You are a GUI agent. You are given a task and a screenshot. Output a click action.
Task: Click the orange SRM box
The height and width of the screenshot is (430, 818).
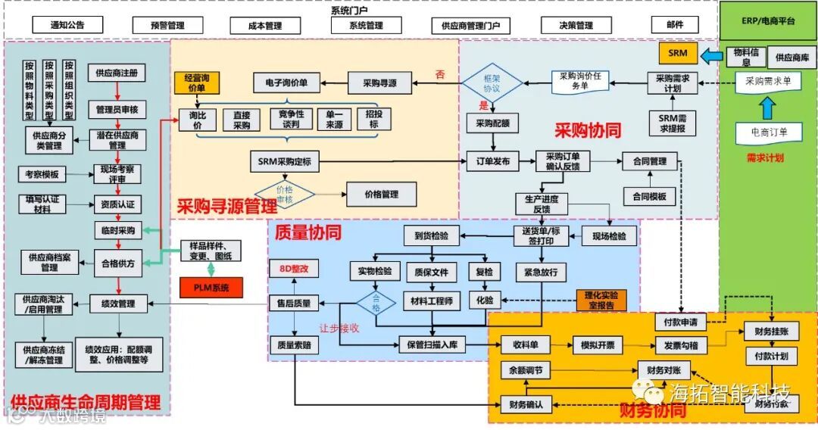[x=678, y=53]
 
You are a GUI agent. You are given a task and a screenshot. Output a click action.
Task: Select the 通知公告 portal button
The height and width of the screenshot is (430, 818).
[x=67, y=25]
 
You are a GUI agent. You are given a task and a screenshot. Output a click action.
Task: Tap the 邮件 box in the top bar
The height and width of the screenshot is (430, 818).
[x=675, y=25]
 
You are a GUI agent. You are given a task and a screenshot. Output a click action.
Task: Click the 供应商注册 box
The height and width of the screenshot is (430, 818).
[x=117, y=73]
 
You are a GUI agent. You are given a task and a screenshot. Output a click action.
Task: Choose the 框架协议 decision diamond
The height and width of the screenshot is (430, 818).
[x=492, y=82]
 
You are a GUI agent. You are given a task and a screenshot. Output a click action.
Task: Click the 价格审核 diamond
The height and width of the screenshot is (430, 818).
[x=284, y=195]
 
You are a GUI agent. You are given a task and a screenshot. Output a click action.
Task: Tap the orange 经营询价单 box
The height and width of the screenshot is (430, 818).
[x=195, y=83]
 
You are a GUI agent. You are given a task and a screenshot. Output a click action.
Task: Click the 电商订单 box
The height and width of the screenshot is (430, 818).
[x=767, y=132]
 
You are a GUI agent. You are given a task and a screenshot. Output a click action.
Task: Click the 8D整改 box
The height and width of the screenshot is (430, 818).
[x=295, y=269]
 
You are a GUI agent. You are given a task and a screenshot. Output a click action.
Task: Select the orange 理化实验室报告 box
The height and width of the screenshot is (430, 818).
[x=601, y=301]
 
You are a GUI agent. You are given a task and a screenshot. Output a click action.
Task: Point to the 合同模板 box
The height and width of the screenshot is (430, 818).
[x=649, y=196]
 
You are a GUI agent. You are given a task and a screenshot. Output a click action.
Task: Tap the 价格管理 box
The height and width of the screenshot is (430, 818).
[x=381, y=195]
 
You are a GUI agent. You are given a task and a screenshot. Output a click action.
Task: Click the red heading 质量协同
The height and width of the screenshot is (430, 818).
[x=308, y=232]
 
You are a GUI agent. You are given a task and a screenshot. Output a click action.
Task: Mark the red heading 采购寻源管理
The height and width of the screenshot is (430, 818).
[x=226, y=206]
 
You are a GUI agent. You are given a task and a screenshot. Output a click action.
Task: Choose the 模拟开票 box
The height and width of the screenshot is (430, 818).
[x=597, y=345]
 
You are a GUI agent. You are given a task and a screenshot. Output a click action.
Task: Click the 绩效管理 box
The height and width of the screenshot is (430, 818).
[x=117, y=304]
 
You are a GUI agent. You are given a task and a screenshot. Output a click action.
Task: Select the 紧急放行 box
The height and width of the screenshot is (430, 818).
[x=540, y=271]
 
